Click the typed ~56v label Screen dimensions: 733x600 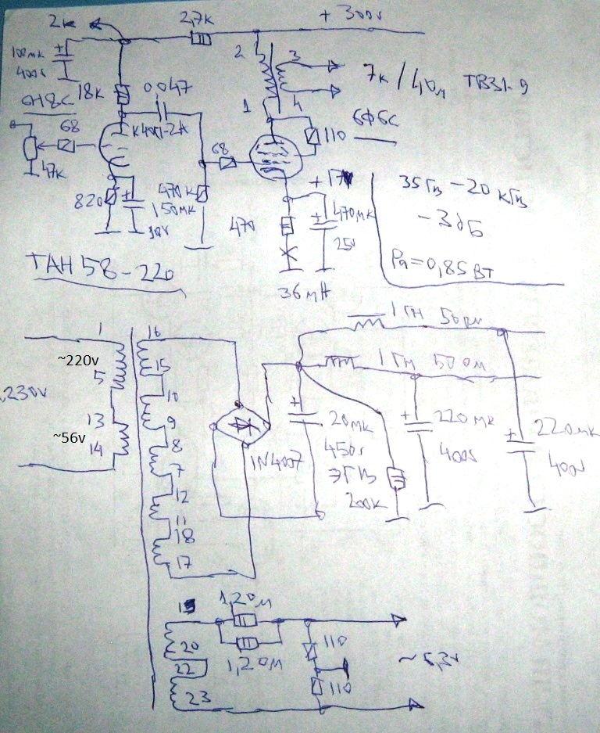(x=70, y=438)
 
